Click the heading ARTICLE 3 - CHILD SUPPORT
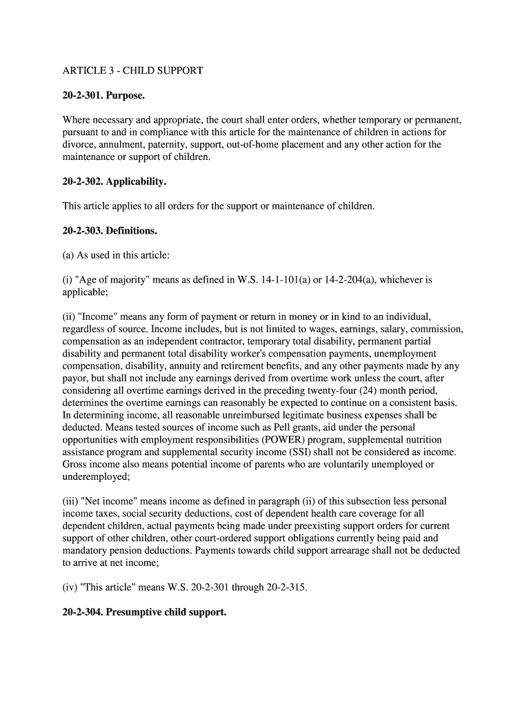click(x=132, y=71)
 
